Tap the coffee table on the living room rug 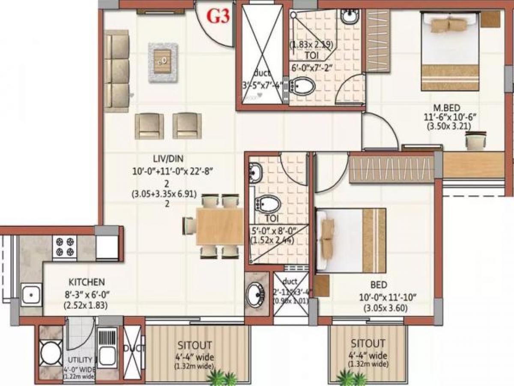coord(162,62)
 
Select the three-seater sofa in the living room coord(117,71)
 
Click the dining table coord(219,226)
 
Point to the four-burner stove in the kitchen coord(65,247)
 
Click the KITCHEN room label coord(87,282)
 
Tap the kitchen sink coord(31,295)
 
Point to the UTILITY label coord(80,359)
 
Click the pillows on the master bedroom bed coord(449,25)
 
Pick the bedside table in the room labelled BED coord(321,286)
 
